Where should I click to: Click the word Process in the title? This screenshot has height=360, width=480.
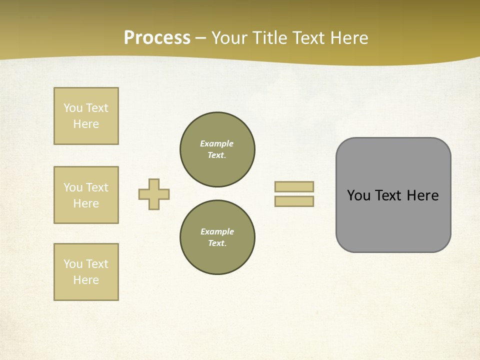coord(157,37)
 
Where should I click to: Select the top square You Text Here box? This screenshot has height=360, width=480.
coord(86,116)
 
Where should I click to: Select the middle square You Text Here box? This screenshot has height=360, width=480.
coord(86,195)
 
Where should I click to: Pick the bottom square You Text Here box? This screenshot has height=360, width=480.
coord(86,272)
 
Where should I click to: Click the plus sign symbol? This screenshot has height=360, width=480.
coord(154,194)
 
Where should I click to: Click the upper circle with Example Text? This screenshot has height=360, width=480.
coord(217,149)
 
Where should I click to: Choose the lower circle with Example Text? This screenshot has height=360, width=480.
coord(217,237)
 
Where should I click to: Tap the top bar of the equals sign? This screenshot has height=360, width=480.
coord(294,186)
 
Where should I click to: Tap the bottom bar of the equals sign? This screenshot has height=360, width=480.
coord(294,201)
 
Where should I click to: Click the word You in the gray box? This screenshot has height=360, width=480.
coord(358,195)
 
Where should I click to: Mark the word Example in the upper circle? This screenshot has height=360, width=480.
coord(217,143)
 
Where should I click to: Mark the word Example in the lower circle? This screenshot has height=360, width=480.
coord(217,231)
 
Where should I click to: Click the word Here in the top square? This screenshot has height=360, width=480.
coord(86,124)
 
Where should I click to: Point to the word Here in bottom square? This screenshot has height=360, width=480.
coord(86,280)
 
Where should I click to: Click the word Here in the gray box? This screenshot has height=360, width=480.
coord(422,195)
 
